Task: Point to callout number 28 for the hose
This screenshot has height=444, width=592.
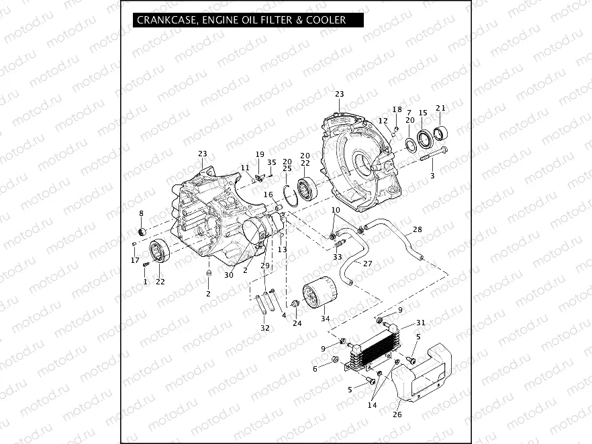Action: pos(417,229)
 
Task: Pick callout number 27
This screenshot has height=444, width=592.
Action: pos(367,264)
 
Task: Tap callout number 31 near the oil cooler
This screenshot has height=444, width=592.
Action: pos(421,323)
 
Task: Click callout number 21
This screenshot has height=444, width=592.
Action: pos(440,108)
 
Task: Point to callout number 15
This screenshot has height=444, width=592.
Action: pos(423,113)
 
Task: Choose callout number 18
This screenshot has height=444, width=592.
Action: pos(397,109)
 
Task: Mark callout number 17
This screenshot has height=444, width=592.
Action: pos(135,260)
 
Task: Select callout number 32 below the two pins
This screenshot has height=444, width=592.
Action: pos(265,328)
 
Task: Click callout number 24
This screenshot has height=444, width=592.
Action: pos(297,323)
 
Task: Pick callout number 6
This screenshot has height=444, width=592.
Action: pos(315,369)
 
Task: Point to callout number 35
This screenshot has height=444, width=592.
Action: pos(271,162)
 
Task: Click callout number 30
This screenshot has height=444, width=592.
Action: pos(229,275)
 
